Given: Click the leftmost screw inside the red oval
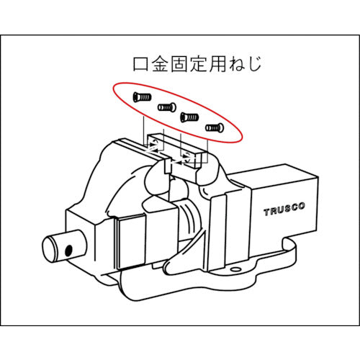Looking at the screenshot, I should pyautogui.click(x=140, y=97).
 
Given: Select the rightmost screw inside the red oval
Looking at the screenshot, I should pyautogui.click(x=215, y=127).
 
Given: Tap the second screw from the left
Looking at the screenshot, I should pyautogui.click(x=167, y=107).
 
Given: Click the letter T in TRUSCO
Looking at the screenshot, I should pyautogui.click(x=266, y=212).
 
